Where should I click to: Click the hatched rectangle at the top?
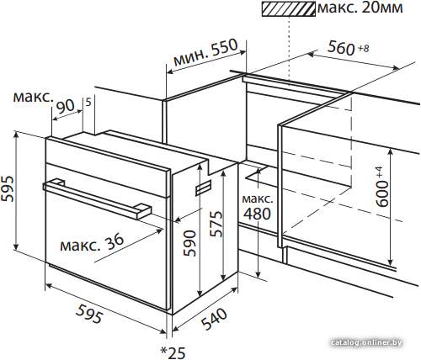(289, 8)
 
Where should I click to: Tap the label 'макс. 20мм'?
(360, 8)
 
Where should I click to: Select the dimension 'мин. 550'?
(205, 52)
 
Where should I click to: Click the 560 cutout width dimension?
(341, 48)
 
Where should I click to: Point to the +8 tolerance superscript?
(363, 49)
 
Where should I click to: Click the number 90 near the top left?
(66, 106)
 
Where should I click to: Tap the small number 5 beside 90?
(88, 103)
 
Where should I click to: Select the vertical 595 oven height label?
(8, 188)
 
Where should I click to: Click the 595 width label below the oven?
(88, 315)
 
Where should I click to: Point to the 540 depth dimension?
(214, 319)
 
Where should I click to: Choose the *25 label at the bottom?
(173, 352)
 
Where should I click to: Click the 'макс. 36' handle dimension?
(92, 243)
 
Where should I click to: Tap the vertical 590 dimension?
(189, 243)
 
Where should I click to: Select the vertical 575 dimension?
(216, 224)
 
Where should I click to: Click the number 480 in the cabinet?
(257, 214)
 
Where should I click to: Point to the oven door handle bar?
(97, 199)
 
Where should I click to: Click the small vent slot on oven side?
(204, 188)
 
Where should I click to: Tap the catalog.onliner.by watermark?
(366, 342)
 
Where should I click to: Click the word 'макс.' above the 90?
(34, 98)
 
